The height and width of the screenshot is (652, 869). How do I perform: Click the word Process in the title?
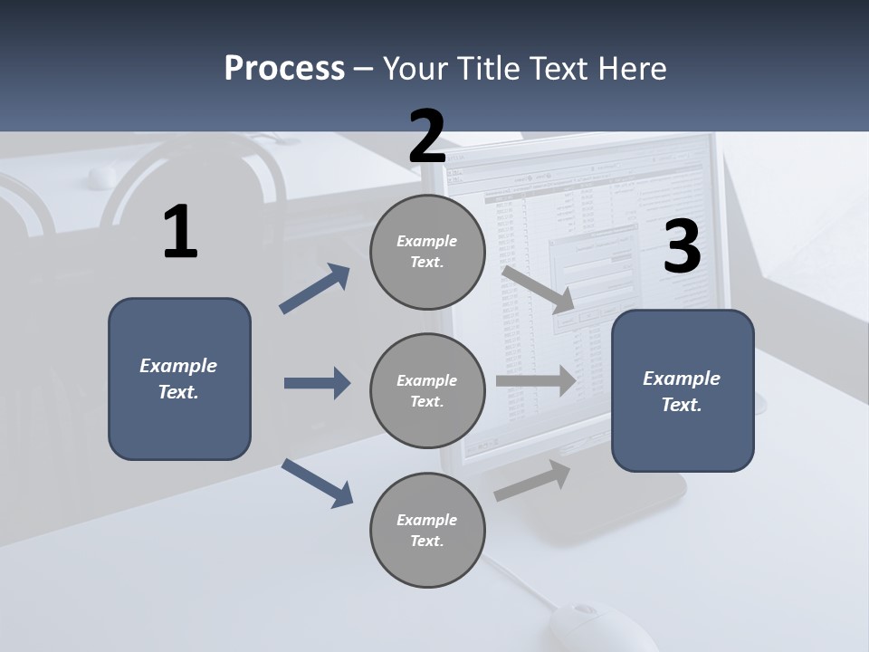pyautogui.click(x=284, y=68)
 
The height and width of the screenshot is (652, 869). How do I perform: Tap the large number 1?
pyautogui.click(x=180, y=233)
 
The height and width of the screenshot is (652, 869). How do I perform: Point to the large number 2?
pyautogui.click(x=427, y=137)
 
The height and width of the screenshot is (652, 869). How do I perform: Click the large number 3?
pyautogui.click(x=682, y=247)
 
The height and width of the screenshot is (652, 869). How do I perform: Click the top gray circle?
pyautogui.click(x=427, y=252)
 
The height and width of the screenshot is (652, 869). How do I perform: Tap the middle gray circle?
pyautogui.click(x=427, y=391)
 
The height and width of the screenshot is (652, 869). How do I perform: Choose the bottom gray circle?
pyautogui.click(x=427, y=531)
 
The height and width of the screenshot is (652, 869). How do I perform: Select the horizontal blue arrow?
pyautogui.click(x=317, y=383)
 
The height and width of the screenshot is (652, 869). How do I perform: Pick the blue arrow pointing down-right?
pyautogui.click(x=317, y=483)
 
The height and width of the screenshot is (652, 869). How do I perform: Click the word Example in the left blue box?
pyautogui.click(x=178, y=366)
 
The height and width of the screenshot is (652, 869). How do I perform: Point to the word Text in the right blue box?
pyautogui.click(x=680, y=405)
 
